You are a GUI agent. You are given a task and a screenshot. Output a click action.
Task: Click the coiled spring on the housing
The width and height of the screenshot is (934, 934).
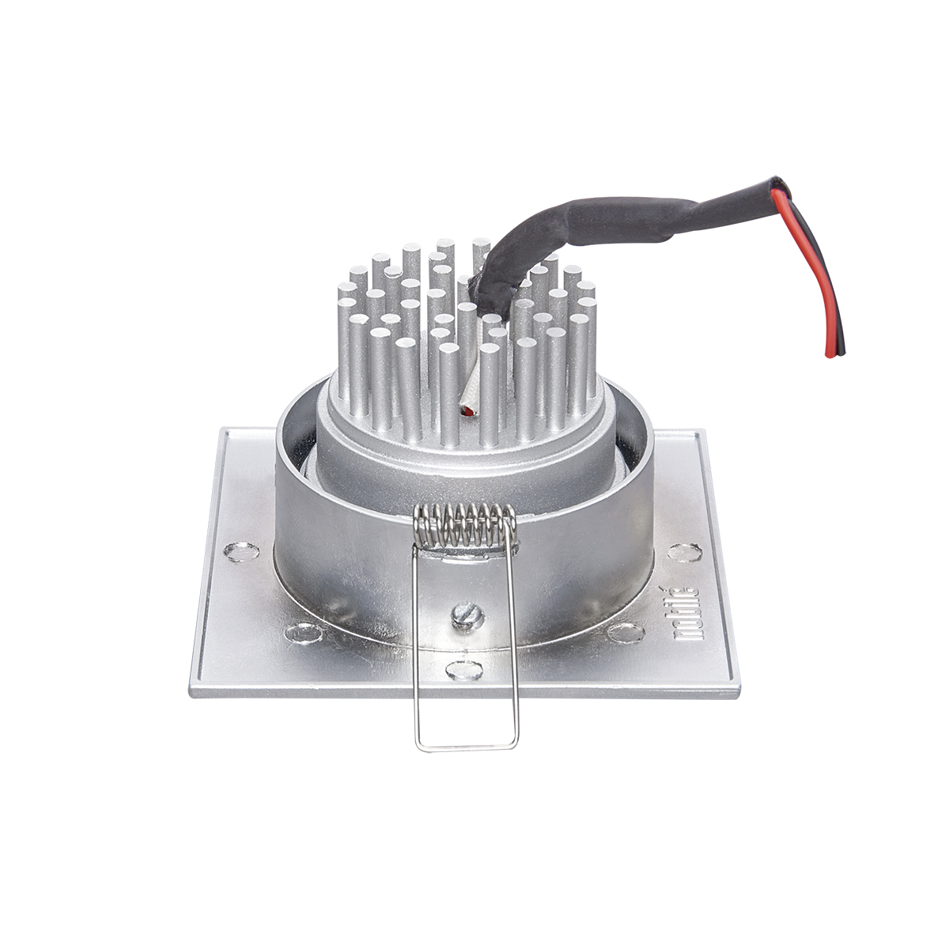[467, 525]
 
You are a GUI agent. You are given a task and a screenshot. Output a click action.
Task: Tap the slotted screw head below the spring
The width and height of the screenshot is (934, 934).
[467, 614]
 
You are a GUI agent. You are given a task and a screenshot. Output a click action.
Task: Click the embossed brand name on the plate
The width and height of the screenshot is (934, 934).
[686, 620]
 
